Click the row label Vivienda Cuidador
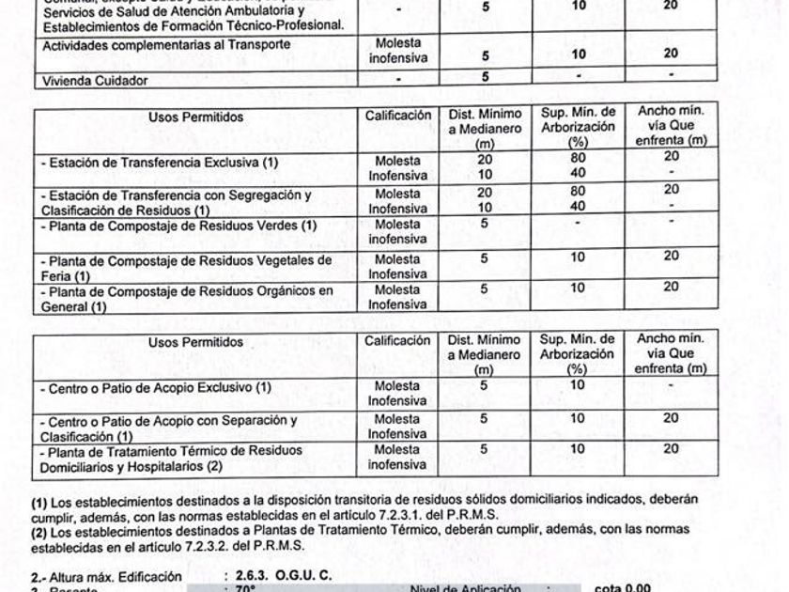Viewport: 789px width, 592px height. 95,82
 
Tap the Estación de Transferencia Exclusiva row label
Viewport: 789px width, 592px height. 161,163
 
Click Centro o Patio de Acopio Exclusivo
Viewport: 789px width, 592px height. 155,387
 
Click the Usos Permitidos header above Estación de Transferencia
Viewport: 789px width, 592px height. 195,117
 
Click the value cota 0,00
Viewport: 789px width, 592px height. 624,588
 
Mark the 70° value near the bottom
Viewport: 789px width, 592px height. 247,588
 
